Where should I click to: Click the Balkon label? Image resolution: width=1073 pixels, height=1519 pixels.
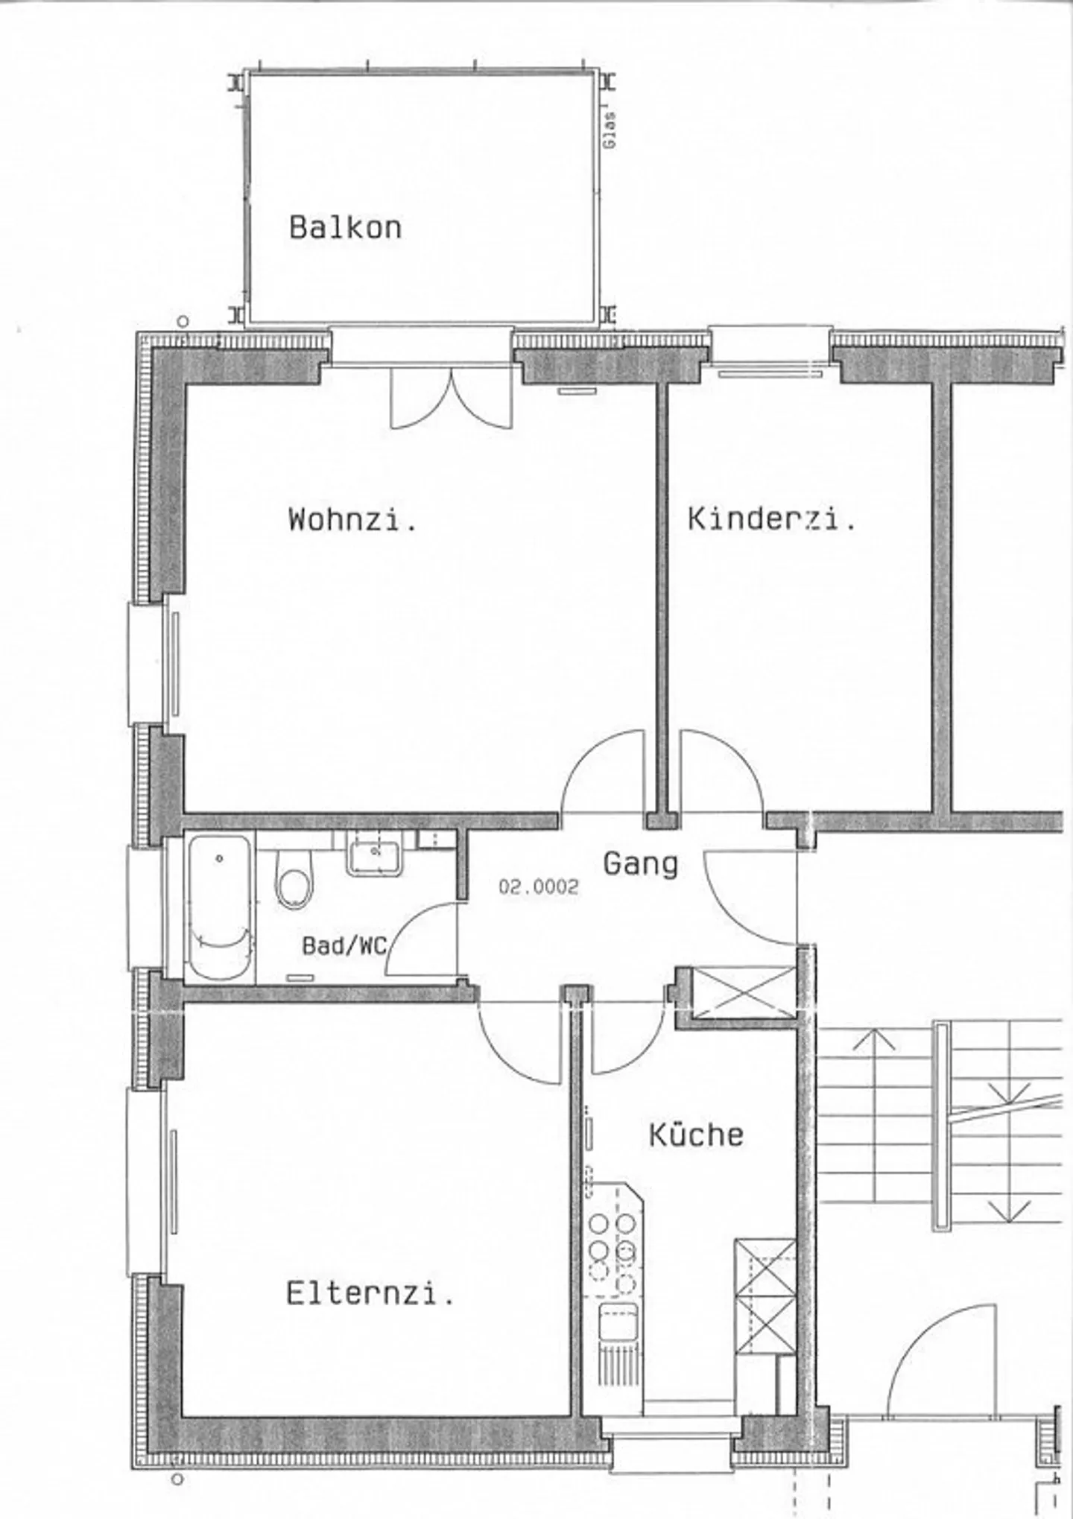coord(345,227)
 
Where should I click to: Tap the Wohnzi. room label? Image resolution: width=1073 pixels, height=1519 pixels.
coord(352,519)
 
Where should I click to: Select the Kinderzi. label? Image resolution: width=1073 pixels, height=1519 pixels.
coord(771,519)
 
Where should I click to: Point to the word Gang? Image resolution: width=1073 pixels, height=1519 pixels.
coord(640,864)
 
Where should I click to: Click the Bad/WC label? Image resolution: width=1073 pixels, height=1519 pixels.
coord(344,945)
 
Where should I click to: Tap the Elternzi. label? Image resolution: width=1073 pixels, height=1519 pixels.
coord(370,1293)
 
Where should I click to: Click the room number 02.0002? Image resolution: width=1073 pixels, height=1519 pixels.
coord(538,887)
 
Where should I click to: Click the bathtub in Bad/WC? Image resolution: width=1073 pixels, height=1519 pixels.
coord(219,907)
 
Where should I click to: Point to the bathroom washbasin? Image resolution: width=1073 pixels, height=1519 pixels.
coord(374,854)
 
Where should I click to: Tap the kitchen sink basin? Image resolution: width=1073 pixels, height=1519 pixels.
coord(618,1322)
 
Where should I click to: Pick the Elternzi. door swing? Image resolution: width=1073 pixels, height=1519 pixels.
coord(519,1041)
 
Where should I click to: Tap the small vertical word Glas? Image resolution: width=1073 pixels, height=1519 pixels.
coord(610,130)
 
